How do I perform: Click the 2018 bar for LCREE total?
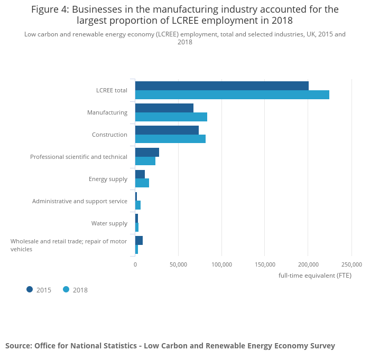click(232, 95)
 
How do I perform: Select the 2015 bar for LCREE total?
click(222, 86)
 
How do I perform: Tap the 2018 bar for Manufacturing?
click(171, 117)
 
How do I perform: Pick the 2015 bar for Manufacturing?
click(164, 108)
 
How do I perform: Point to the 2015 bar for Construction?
click(167, 130)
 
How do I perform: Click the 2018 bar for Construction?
click(170, 139)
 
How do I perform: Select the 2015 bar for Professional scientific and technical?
click(147, 153)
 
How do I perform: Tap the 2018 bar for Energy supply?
click(142, 183)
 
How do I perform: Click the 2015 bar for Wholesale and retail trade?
click(139, 241)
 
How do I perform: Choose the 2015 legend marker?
click(30, 289)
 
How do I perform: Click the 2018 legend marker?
click(66, 289)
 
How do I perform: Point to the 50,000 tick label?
click(179, 264)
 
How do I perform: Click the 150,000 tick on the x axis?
click(265, 264)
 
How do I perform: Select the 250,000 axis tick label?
click(351, 264)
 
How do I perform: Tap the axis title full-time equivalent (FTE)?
click(314, 276)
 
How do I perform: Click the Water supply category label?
click(109, 223)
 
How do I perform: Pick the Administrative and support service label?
click(80, 201)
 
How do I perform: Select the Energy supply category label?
click(108, 179)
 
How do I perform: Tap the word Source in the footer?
click(18, 346)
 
